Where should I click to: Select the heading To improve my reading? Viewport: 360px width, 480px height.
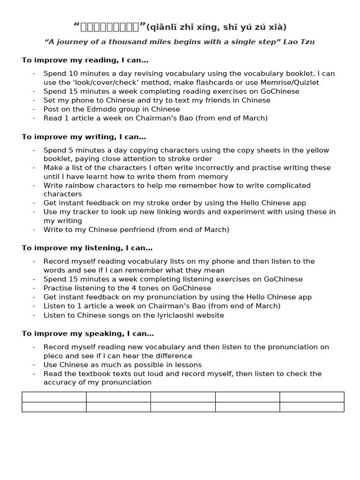point(85,60)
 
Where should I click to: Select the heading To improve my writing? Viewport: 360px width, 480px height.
point(84,137)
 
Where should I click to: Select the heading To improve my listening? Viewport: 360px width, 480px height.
point(87,248)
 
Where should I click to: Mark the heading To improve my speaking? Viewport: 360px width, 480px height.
point(88,334)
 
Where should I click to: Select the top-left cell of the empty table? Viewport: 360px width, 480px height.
point(54,397)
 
